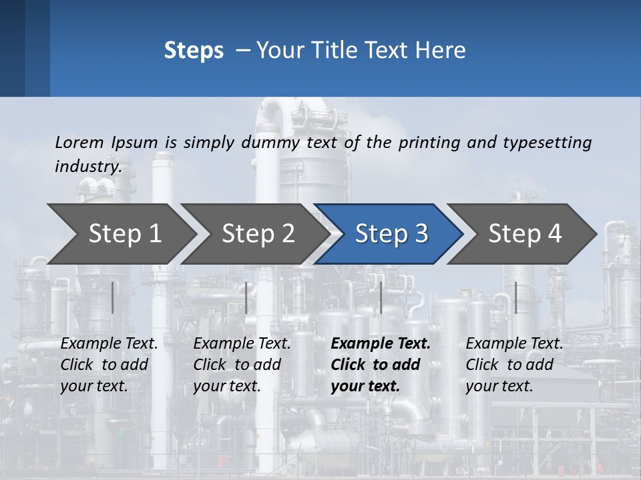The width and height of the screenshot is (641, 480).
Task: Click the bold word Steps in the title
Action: (194, 51)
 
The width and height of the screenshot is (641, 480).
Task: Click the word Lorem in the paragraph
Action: (79, 142)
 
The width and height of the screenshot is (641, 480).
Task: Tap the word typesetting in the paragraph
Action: (547, 142)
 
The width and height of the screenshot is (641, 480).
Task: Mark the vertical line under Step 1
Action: (113, 297)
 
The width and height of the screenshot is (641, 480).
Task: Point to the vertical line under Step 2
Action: (246, 297)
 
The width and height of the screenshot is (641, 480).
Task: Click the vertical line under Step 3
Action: (381, 297)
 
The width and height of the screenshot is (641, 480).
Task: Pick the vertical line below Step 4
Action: (515, 297)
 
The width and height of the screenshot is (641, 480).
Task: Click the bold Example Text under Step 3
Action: (381, 344)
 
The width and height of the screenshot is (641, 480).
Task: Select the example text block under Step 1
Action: (109, 365)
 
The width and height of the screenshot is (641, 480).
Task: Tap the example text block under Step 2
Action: (242, 365)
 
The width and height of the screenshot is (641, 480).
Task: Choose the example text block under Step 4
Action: (514, 365)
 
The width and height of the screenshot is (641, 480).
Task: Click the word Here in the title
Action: (440, 51)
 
